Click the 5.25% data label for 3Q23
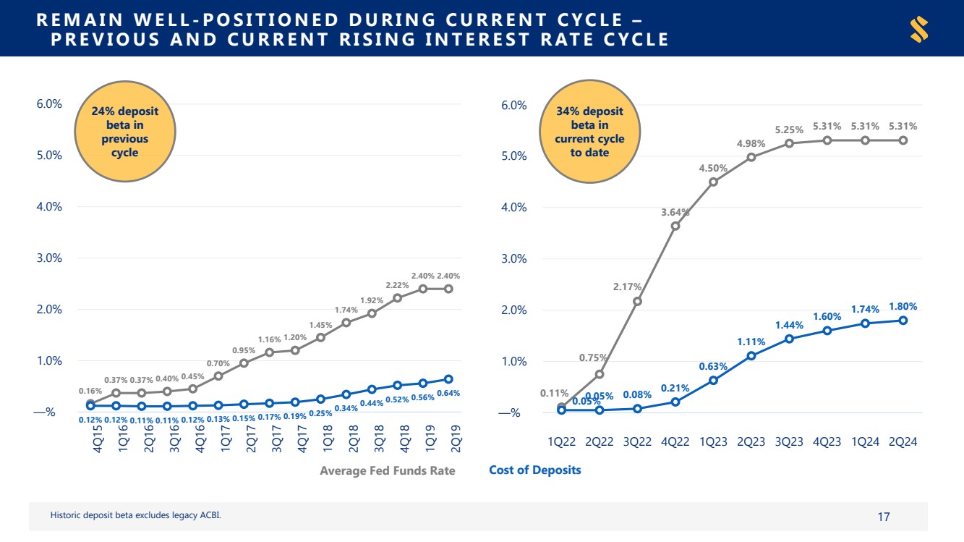789,130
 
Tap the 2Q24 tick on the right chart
903,441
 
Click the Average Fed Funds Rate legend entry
388,470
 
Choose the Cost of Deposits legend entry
534,470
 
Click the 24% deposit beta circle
125,132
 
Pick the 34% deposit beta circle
589,132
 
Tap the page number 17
883,517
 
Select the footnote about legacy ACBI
135,515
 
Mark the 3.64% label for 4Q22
675,212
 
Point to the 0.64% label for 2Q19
448,393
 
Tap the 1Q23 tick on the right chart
713,441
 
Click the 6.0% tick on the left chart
48,103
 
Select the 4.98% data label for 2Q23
751,144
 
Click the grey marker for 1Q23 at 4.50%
714,182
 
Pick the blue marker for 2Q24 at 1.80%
903,321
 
